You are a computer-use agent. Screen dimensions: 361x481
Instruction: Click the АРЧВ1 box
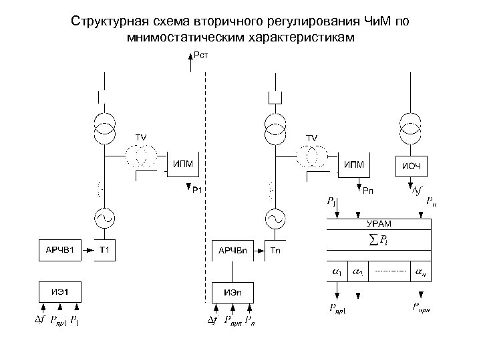(x=59, y=250)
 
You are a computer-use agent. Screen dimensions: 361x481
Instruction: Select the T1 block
(x=104, y=250)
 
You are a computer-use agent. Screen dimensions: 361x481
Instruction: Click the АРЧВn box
(x=233, y=250)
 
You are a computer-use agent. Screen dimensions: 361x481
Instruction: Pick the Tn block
(x=277, y=250)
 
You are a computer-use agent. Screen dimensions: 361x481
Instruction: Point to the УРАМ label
(x=378, y=223)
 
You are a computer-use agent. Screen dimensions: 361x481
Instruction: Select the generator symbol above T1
(x=104, y=217)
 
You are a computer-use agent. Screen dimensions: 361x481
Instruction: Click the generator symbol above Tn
(x=275, y=217)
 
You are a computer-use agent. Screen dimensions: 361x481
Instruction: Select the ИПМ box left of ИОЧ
(x=354, y=164)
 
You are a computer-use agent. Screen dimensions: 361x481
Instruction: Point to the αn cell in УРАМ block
(x=419, y=272)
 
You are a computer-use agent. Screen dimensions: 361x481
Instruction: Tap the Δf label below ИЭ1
(x=40, y=322)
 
